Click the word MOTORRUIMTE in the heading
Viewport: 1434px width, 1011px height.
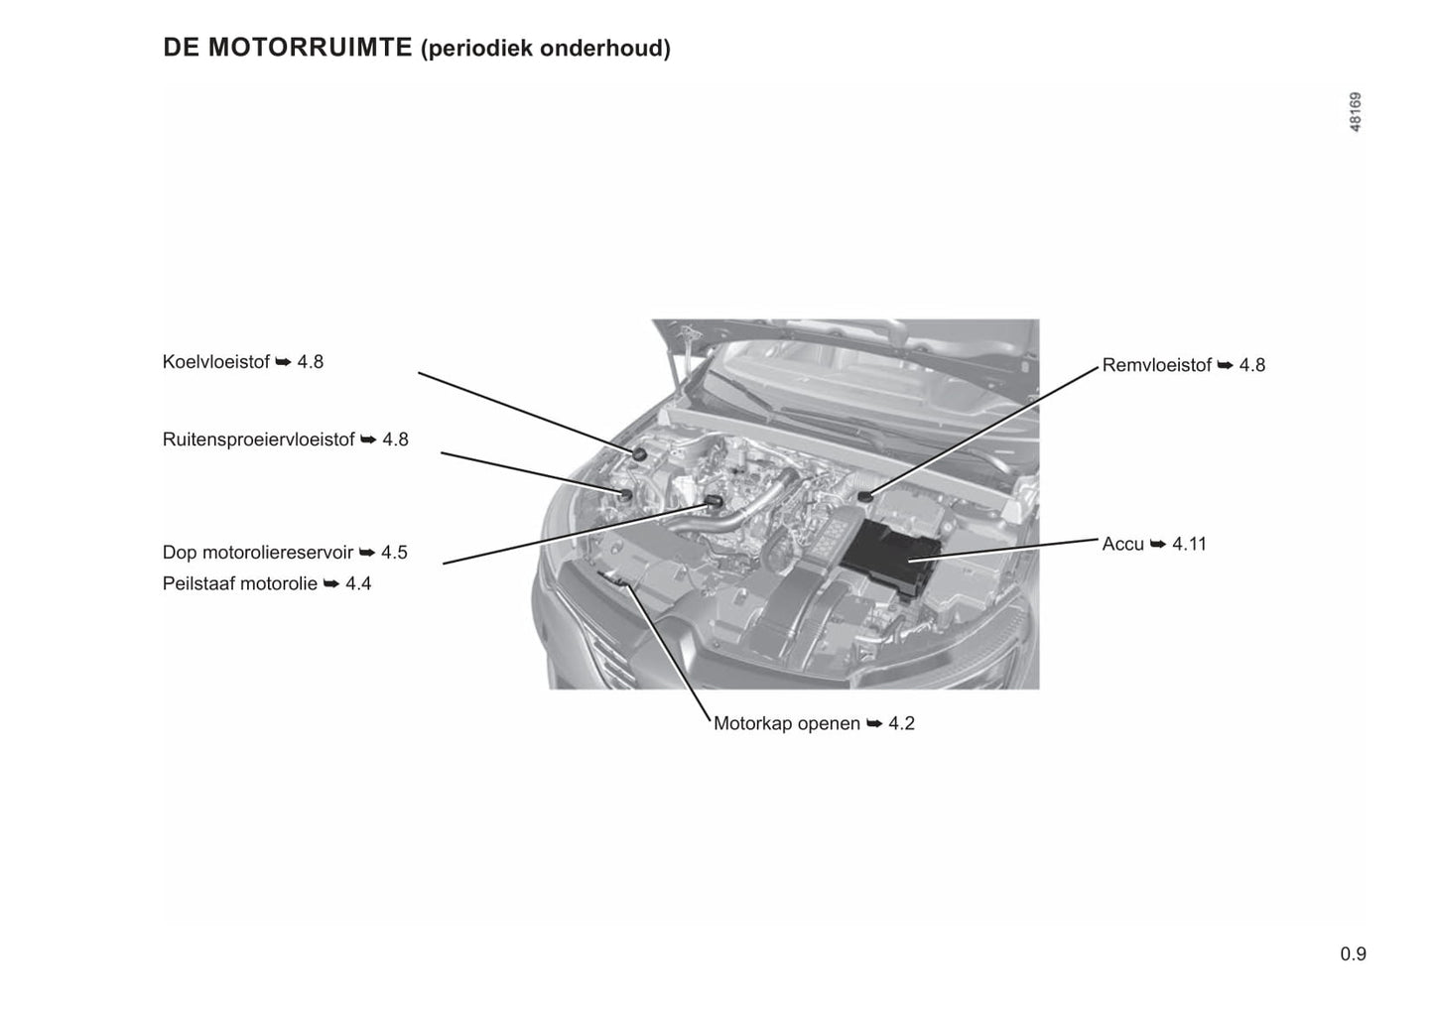point(310,48)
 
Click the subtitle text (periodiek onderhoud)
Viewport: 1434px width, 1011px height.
point(546,49)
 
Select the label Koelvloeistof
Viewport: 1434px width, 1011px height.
point(216,361)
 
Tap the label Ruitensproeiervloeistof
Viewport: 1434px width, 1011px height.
point(259,439)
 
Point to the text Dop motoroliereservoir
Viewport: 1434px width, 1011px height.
point(258,553)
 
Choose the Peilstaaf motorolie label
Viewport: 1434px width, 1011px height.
point(240,583)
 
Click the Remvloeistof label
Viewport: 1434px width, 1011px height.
point(1157,365)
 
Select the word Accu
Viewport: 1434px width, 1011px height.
point(1122,544)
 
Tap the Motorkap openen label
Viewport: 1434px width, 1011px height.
point(787,723)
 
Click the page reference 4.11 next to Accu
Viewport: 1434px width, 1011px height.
point(1189,544)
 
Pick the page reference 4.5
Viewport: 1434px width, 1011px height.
point(394,553)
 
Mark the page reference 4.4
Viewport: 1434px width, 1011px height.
point(358,583)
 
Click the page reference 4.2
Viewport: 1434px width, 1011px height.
point(902,723)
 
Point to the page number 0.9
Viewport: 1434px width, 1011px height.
point(1354,954)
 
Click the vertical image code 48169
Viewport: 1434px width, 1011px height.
point(1356,112)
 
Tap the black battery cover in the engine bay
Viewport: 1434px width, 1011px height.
point(890,559)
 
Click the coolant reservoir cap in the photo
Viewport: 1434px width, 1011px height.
point(639,453)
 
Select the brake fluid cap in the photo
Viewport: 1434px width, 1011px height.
point(865,496)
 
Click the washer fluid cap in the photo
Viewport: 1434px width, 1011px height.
point(625,494)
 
